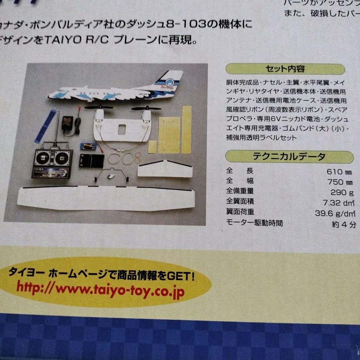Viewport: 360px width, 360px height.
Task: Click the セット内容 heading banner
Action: [285, 69]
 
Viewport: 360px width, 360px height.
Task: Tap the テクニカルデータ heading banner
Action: [289, 156]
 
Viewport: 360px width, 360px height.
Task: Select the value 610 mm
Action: [339, 172]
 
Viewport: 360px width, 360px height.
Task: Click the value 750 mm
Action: [340, 182]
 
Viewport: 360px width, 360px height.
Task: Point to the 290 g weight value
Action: [342, 192]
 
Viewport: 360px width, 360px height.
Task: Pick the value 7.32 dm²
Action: [339, 202]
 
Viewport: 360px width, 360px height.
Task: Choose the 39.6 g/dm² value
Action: [335, 213]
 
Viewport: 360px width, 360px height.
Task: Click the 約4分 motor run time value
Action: [344, 224]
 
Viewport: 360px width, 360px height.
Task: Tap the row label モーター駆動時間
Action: [254, 223]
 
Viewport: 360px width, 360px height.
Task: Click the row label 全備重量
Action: [240, 191]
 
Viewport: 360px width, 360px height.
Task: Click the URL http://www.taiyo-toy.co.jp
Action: [100, 288]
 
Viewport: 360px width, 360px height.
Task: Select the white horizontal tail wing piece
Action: [165, 169]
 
